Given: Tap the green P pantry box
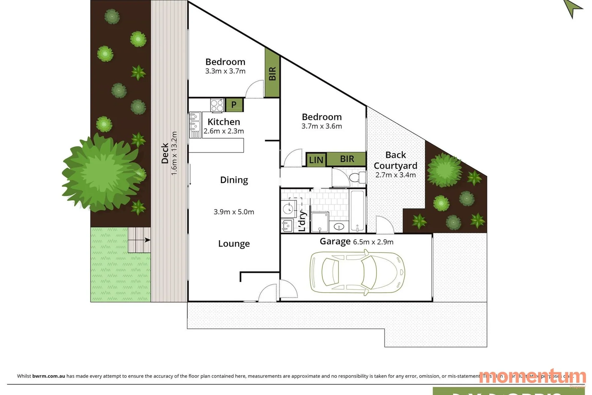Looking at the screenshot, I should (234, 105).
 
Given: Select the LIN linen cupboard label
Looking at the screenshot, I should (316, 160).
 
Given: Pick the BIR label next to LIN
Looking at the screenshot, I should (347, 159).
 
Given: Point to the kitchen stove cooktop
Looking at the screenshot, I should (217, 105).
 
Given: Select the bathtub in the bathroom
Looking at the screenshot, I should (357, 210).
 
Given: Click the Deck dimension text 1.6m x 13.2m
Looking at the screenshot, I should (174, 153).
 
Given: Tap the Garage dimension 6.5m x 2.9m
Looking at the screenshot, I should (373, 242).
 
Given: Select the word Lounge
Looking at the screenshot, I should (234, 244).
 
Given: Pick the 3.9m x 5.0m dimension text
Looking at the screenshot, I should (234, 212).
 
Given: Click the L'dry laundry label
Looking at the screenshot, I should (302, 221).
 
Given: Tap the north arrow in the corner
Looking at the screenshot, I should (573, 7).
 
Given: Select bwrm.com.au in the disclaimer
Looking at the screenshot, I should (49, 376).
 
